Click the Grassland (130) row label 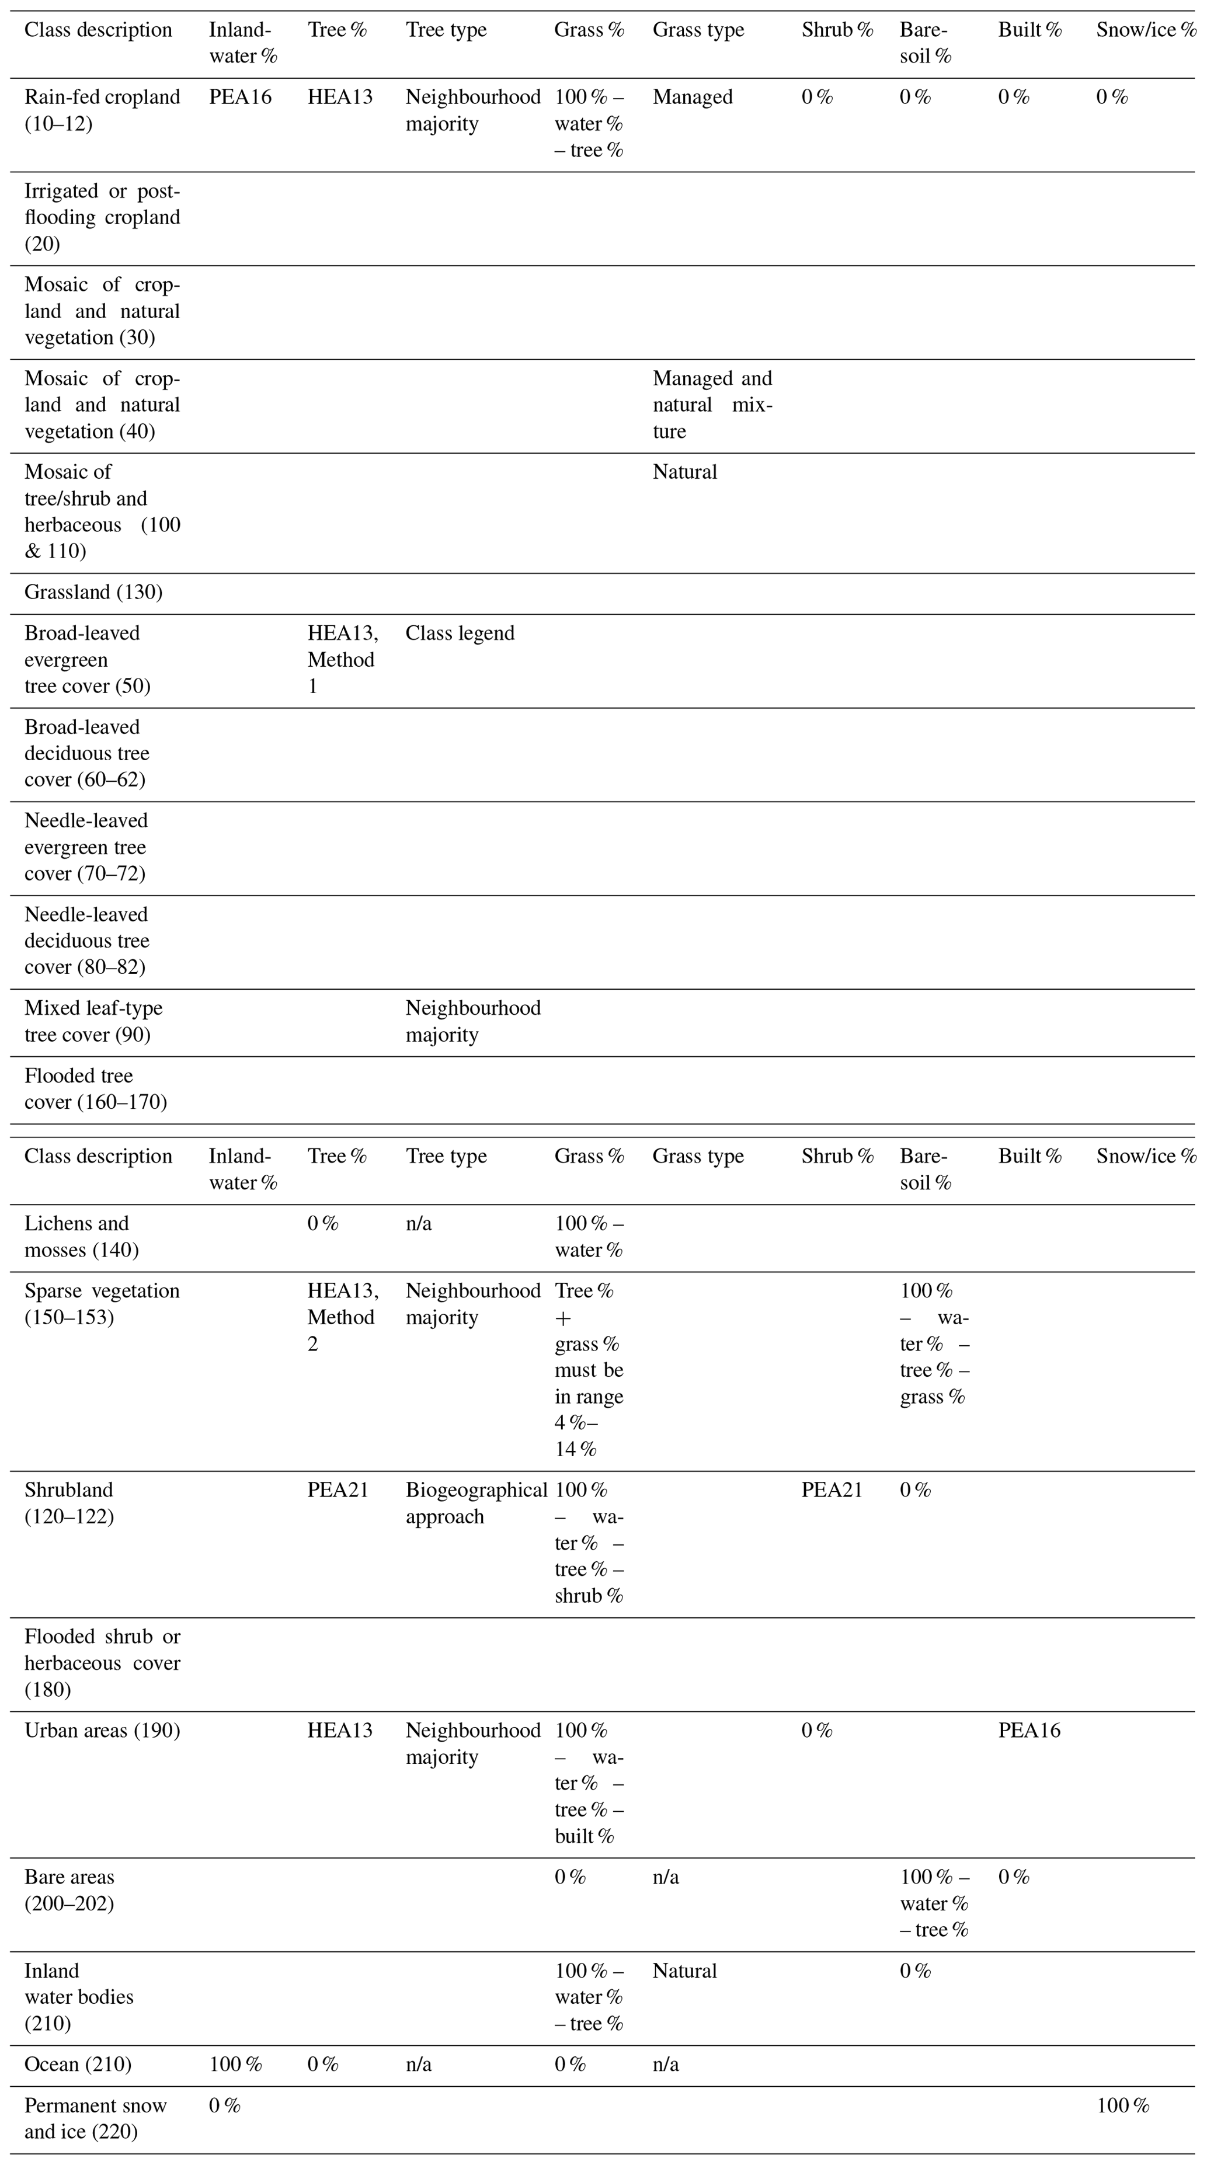pyautogui.click(x=93, y=592)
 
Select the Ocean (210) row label pyautogui.click(x=78, y=2065)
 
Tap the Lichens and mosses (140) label pyautogui.click(x=81, y=1237)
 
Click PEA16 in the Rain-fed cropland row pyautogui.click(x=240, y=98)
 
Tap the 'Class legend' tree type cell pyautogui.click(x=460, y=633)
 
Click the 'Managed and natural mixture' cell pyautogui.click(x=712, y=405)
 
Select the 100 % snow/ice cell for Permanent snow pyautogui.click(x=1122, y=2105)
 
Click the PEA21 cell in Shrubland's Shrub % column pyautogui.click(x=832, y=1491)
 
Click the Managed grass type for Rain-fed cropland pyautogui.click(x=692, y=98)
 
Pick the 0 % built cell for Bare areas pyautogui.click(x=1013, y=1877)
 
